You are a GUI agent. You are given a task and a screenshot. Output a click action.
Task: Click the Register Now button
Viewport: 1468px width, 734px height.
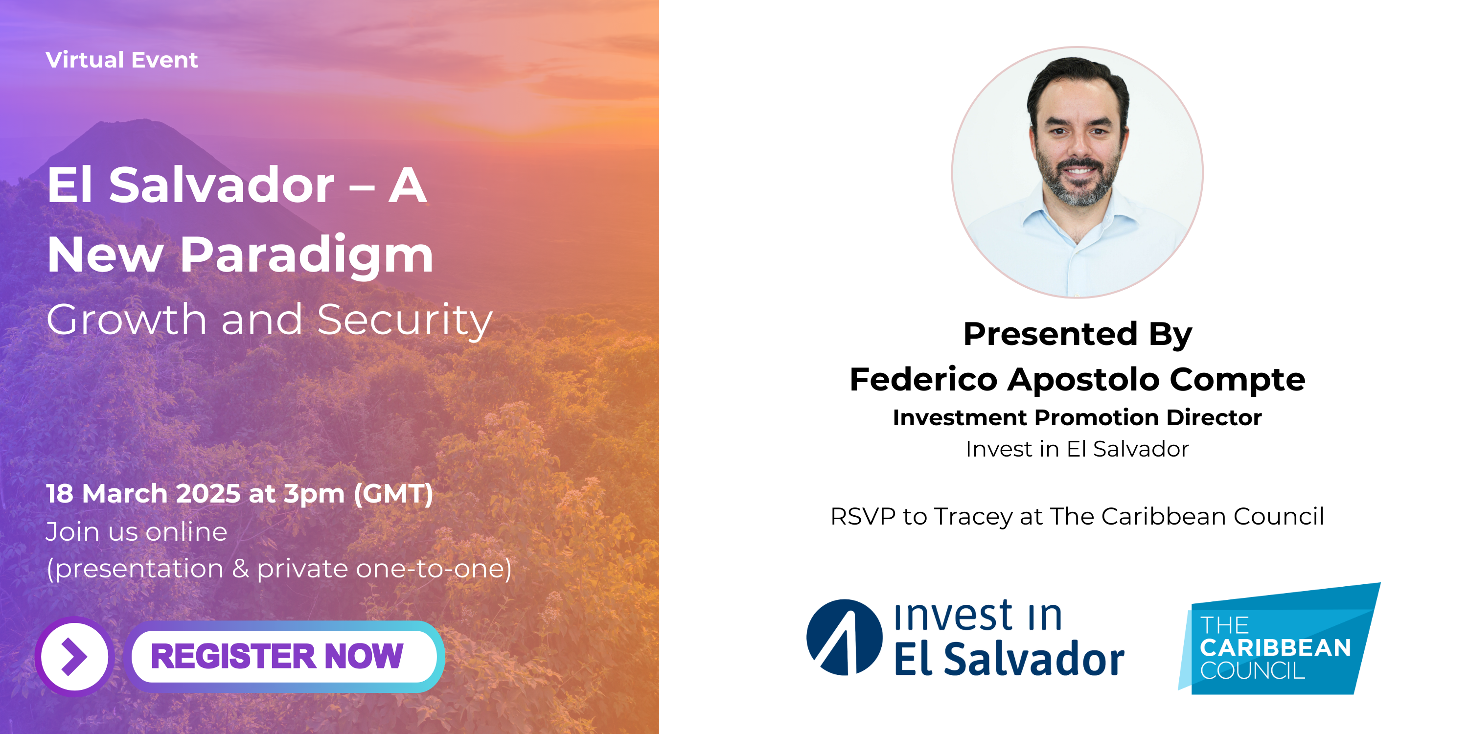tap(284, 657)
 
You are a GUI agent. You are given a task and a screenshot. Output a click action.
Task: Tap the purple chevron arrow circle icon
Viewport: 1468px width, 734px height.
tap(75, 657)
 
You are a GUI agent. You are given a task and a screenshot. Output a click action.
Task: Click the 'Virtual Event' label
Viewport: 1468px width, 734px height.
tap(122, 60)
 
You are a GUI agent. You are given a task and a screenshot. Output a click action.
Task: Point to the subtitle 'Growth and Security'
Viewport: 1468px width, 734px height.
tap(269, 321)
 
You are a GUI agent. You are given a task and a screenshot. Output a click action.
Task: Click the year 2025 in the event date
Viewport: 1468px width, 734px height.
tap(208, 494)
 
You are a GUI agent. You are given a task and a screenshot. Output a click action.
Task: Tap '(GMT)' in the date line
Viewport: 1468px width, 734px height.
tap(393, 494)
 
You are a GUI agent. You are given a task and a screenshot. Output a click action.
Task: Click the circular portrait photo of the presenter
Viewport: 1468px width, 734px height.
tap(1077, 172)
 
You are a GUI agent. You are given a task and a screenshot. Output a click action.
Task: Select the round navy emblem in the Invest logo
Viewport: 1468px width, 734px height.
tap(844, 637)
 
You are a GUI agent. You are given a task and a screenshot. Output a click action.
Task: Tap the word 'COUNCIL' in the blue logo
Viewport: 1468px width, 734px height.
tap(1252, 671)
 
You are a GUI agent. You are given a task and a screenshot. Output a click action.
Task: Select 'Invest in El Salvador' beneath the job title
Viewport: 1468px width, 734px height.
tap(1077, 449)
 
